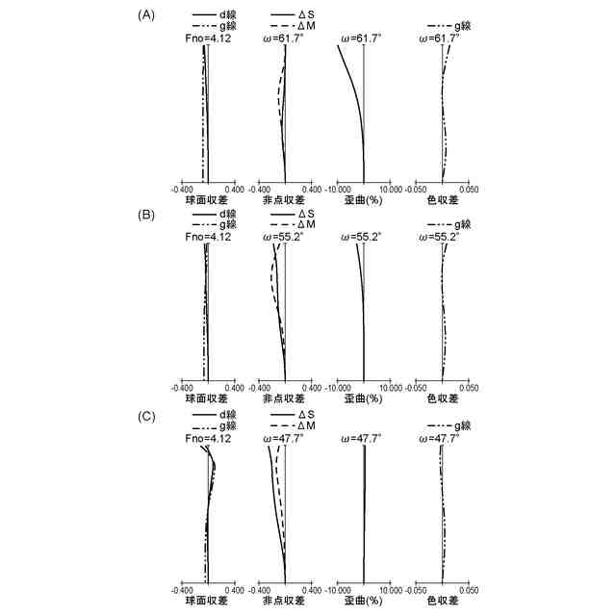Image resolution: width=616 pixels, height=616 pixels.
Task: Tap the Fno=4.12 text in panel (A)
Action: [205, 37]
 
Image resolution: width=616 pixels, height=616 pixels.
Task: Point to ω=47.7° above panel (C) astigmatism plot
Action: [283, 437]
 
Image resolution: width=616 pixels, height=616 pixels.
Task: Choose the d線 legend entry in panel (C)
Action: [227, 415]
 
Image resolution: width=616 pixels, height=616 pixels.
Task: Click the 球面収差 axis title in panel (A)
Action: [206, 202]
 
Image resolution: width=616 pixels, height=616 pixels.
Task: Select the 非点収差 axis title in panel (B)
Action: [283, 398]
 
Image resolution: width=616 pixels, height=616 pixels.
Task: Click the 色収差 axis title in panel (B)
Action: [442, 398]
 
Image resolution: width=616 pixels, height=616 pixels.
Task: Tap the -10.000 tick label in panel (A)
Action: [340, 190]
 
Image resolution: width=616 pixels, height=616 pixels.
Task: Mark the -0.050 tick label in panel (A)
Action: [418, 190]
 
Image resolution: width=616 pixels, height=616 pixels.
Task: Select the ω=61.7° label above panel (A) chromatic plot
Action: [441, 37]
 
